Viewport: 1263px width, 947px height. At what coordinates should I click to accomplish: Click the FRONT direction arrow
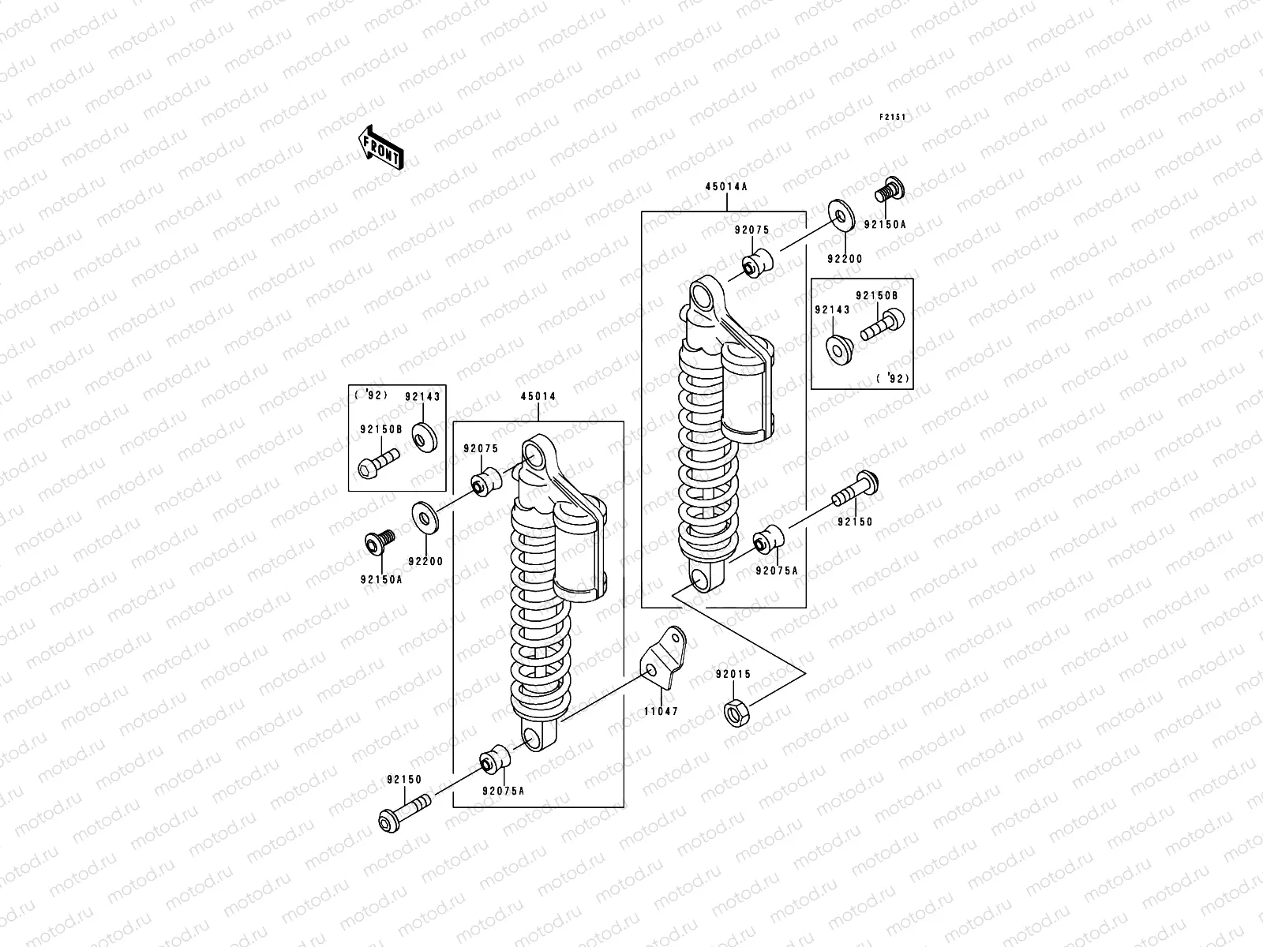(382, 146)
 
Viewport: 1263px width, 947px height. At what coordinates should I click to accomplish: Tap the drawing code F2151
(893, 117)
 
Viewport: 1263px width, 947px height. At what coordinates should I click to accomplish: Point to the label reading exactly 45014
(538, 396)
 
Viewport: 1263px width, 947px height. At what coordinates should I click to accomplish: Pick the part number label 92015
(733, 675)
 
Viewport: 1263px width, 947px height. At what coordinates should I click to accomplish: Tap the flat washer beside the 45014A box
(842, 215)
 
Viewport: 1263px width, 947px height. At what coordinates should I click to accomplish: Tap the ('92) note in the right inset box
(893, 379)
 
